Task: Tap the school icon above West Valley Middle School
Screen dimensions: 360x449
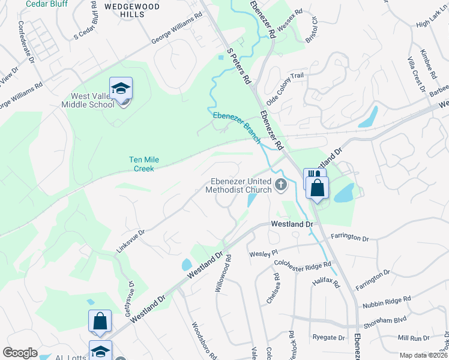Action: pos(121,89)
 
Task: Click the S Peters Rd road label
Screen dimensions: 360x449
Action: pos(238,66)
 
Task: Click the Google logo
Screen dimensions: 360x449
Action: pos(20,353)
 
